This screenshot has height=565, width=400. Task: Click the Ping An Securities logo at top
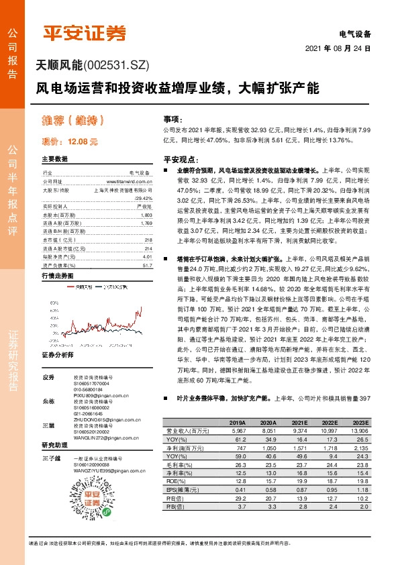click(84, 33)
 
